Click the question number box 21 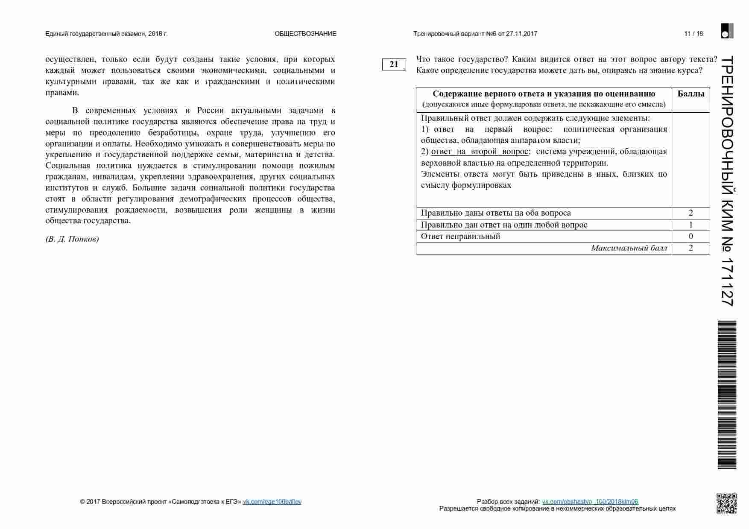pyautogui.click(x=393, y=64)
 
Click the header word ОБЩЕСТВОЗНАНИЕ pyautogui.click(x=305, y=34)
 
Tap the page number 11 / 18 pyautogui.click(x=693, y=34)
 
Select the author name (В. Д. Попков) pyautogui.click(x=72, y=239)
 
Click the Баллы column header pyautogui.click(x=690, y=94)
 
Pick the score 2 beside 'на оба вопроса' pyautogui.click(x=690, y=213)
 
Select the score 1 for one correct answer pyautogui.click(x=690, y=225)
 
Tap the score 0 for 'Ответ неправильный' pyautogui.click(x=690, y=237)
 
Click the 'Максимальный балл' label pyautogui.click(x=629, y=248)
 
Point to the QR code pyautogui.click(x=726, y=503)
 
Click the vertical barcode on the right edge pyautogui.click(x=727, y=395)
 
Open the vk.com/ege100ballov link pyautogui.click(x=272, y=502)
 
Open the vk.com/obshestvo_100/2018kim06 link pyautogui.click(x=590, y=502)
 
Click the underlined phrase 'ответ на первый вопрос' pyautogui.click(x=492, y=129)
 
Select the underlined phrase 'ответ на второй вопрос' pyautogui.click(x=480, y=152)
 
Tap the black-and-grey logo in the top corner pyautogui.click(x=727, y=31)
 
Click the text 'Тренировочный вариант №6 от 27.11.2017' pyautogui.click(x=475, y=34)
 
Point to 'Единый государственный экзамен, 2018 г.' pyautogui.click(x=106, y=34)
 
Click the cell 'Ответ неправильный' pyautogui.click(x=460, y=237)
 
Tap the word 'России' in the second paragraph pyautogui.click(x=210, y=111)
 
